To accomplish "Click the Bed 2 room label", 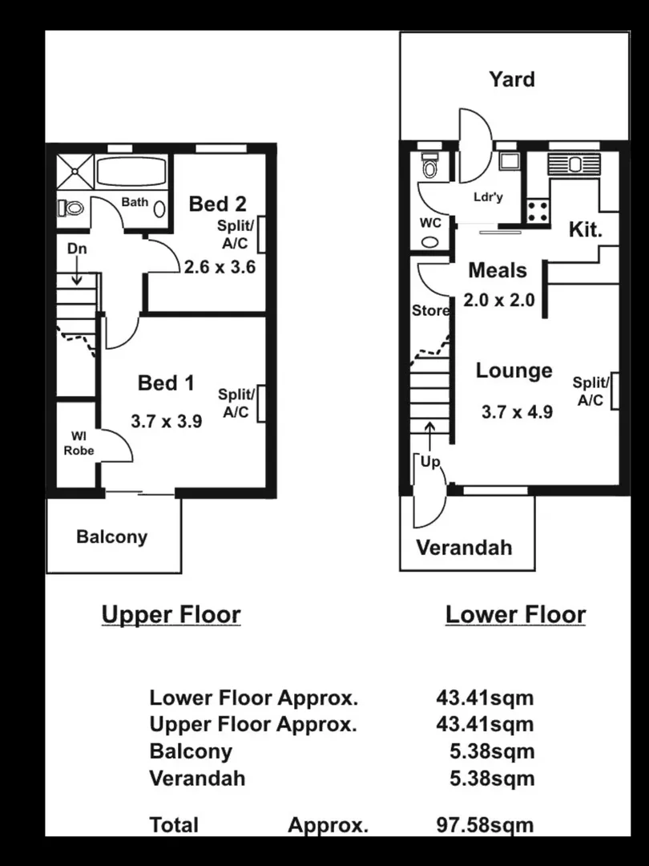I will point(217,204).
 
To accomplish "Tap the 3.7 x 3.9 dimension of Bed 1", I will point(167,420).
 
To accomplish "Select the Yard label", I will point(512,79).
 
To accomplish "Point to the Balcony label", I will point(111,536).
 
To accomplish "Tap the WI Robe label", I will point(79,443).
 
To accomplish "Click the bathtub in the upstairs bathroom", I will point(131,172).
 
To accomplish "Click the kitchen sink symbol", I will point(574,164).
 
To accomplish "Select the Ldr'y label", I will point(488,197).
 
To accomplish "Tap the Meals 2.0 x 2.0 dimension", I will point(498,301).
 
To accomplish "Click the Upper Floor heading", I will point(171,615).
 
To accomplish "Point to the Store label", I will point(430,310).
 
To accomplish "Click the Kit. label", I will point(586,230).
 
